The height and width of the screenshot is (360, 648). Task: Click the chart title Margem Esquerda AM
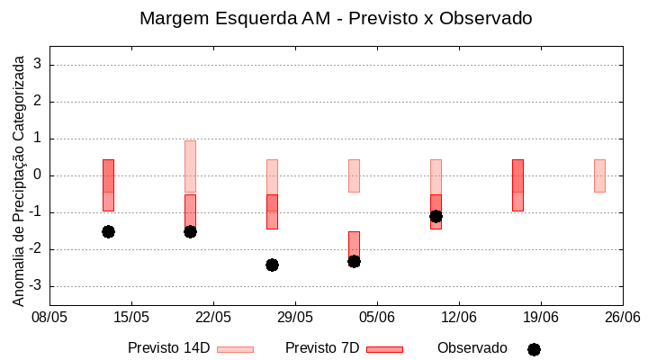(336, 18)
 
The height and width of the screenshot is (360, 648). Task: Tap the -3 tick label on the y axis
(36, 286)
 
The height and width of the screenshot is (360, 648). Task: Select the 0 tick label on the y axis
(39, 175)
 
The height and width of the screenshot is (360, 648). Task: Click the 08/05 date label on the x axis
(49, 317)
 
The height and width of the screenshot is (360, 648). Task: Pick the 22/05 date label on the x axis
(213, 317)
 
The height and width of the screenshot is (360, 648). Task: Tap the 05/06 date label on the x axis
(377, 317)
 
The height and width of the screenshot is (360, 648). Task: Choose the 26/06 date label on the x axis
(622, 317)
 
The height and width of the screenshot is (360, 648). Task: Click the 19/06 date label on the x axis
(541, 317)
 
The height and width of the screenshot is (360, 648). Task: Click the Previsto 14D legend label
(168, 348)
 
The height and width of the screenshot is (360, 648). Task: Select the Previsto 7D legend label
(322, 348)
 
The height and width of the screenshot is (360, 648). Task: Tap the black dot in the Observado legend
(534, 349)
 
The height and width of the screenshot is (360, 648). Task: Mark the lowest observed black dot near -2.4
(272, 265)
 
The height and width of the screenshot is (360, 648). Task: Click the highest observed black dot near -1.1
(436, 216)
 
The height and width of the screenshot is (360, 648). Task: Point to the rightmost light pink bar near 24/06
(599, 175)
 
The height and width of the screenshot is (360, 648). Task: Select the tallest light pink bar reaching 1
(190, 166)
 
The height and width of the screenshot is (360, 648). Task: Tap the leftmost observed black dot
(108, 231)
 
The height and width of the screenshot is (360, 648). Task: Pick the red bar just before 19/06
(517, 184)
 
